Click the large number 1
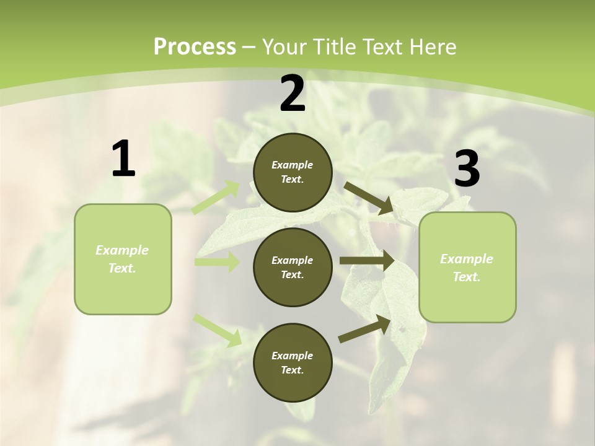pyautogui.click(x=123, y=159)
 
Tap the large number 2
pyautogui.click(x=293, y=94)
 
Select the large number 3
pyautogui.click(x=467, y=169)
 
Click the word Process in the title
pyautogui.click(x=195, y=46)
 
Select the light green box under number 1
pyautogui.click(x=123, y=259)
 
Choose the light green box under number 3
pyautogui.click(x=467, y=268)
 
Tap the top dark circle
pyautogui.click(x=293, y=172)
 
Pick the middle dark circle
pyautogui.click(x=293, y=267)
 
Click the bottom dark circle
pyautogui.click(x=293, y=362)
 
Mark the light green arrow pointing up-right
pyautogui.click(x=216, y=198)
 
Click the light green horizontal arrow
pyautogui.click(x=217, y=262)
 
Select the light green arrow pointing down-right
pyautogui.click(x=218, y=330)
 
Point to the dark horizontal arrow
pyautogui.click(x=367, y=261)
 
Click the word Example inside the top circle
pyautogui.click(x=293, y=165)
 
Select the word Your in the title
pyautogui.click(x=283, y=46)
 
